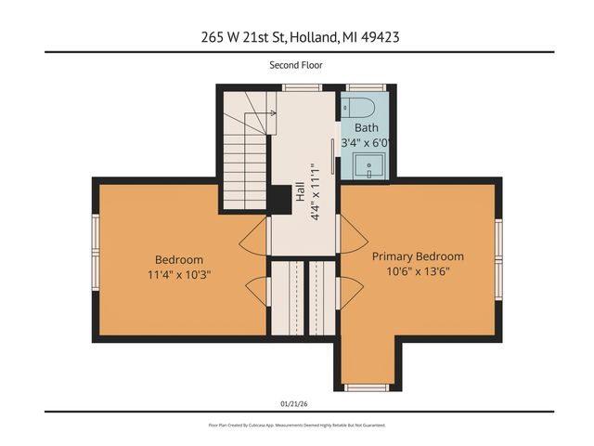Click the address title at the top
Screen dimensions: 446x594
point(296,37)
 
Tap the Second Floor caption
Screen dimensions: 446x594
point(296,65)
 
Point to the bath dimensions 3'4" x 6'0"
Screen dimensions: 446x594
point(366,143)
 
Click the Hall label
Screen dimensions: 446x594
point(300,191)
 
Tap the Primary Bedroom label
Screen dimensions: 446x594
point(418,256)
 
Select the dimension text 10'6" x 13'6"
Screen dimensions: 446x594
point(418,273)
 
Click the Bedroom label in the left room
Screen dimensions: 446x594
point(178,259)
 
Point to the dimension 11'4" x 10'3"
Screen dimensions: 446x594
point(178,275)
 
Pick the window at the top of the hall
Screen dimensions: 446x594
point(296,87)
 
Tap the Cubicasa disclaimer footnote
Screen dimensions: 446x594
point(296,426)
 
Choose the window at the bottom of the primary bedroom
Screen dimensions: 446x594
point(368,385)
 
